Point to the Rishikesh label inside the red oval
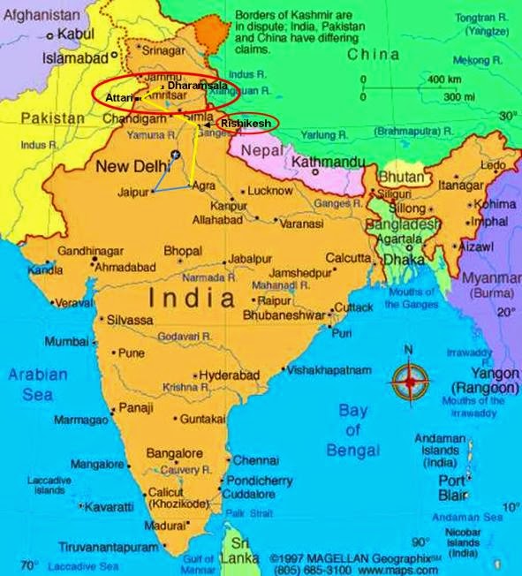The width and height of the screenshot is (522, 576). click(246, 124)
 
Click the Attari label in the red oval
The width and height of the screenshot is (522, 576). click(119, 95)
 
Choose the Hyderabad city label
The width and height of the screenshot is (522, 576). click(229, 375)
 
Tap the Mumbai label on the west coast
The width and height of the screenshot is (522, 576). click(66, 341)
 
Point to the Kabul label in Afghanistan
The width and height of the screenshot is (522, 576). click(76, 34)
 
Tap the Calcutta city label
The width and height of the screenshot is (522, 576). click(347, 258)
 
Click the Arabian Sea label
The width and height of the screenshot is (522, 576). click(38, 384)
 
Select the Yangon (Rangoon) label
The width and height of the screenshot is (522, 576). click(484, 381)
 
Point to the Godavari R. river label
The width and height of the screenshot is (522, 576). click(185, 337)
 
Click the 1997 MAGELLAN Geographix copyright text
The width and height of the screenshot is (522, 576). click(351, 559)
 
